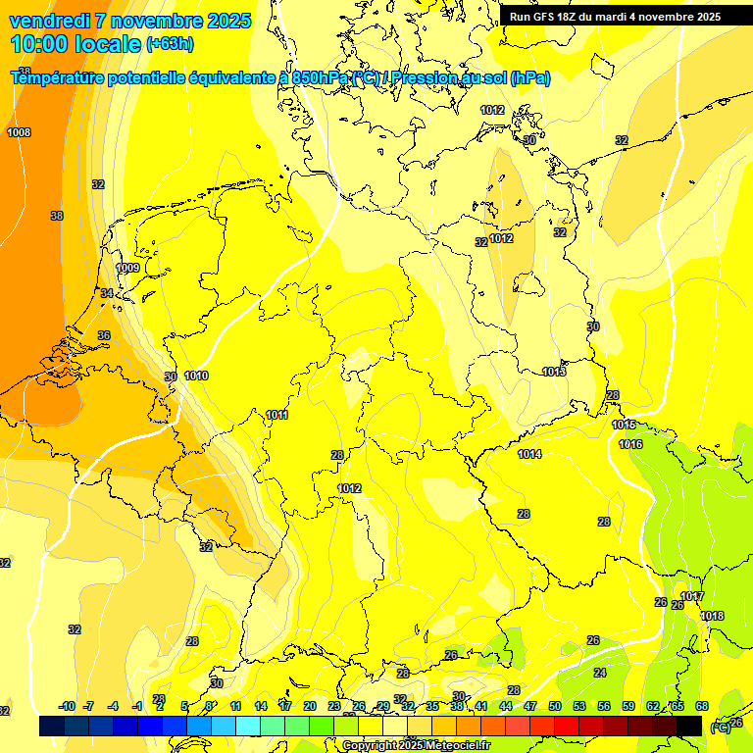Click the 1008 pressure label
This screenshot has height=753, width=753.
tap(19, 132)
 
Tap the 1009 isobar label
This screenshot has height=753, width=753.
tap(127, 268)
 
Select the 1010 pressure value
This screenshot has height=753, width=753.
tap(196, 376)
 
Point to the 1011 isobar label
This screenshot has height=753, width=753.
tap(277, 415)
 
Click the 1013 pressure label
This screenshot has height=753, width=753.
tap(554, 372)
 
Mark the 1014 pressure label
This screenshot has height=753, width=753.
tap(530, 454)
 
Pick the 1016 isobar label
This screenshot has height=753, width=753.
tap(630, 444)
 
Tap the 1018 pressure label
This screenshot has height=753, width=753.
tap(713, 616)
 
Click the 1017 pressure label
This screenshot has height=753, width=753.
tap(692, 596)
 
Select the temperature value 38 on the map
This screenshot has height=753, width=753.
tap(57, 216)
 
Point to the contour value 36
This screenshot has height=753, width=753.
tap(104, 335)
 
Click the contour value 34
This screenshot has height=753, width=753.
tap(107, 293)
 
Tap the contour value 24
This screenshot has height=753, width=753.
tap(600, 673)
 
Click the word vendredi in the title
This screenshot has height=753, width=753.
tap(51, 21)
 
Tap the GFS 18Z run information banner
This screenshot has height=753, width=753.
tap(615, 17)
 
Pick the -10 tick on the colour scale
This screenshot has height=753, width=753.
tap(67, 706)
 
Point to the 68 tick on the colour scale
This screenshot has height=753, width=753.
tap(702, 706)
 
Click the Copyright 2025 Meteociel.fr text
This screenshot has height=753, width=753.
tap(416, 745)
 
